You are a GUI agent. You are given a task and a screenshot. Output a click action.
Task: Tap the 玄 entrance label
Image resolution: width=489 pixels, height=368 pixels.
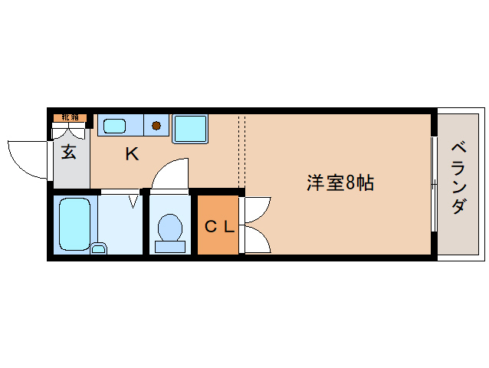pyautogui.click(x=69, y=152)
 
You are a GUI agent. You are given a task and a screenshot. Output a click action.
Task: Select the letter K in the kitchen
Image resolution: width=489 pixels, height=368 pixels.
pyautogui.click(x=132, y=154)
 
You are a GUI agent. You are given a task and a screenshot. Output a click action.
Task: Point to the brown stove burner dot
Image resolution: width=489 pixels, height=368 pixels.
pyautogui.click(x=156, y=125)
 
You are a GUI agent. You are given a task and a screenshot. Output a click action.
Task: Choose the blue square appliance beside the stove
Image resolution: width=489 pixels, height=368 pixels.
pyautogui.click(x=189, y=128)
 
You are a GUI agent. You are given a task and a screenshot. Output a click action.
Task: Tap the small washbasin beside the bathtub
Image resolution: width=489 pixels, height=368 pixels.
pyautogui.click(x=99, y=247)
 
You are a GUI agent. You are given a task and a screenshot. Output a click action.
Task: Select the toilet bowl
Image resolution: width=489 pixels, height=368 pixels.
pyautogui.click(x=169, y=227)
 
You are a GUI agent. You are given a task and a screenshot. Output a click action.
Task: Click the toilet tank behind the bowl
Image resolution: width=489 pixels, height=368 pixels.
pyautogui.click(x=169, y=246)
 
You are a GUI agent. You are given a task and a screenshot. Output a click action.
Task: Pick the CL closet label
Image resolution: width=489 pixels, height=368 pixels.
pyautogui.click(x=218, y=226)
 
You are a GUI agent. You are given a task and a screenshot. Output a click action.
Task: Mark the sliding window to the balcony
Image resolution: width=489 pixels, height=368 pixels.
pyautogui.click(x=434, y=183)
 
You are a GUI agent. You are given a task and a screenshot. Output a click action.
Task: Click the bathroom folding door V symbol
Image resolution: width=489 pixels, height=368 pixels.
pyautogui.click(x=133, y=201)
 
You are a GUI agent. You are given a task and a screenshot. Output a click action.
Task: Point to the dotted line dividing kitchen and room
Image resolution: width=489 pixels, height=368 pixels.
pyautogui.click(x=241, y=149)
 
